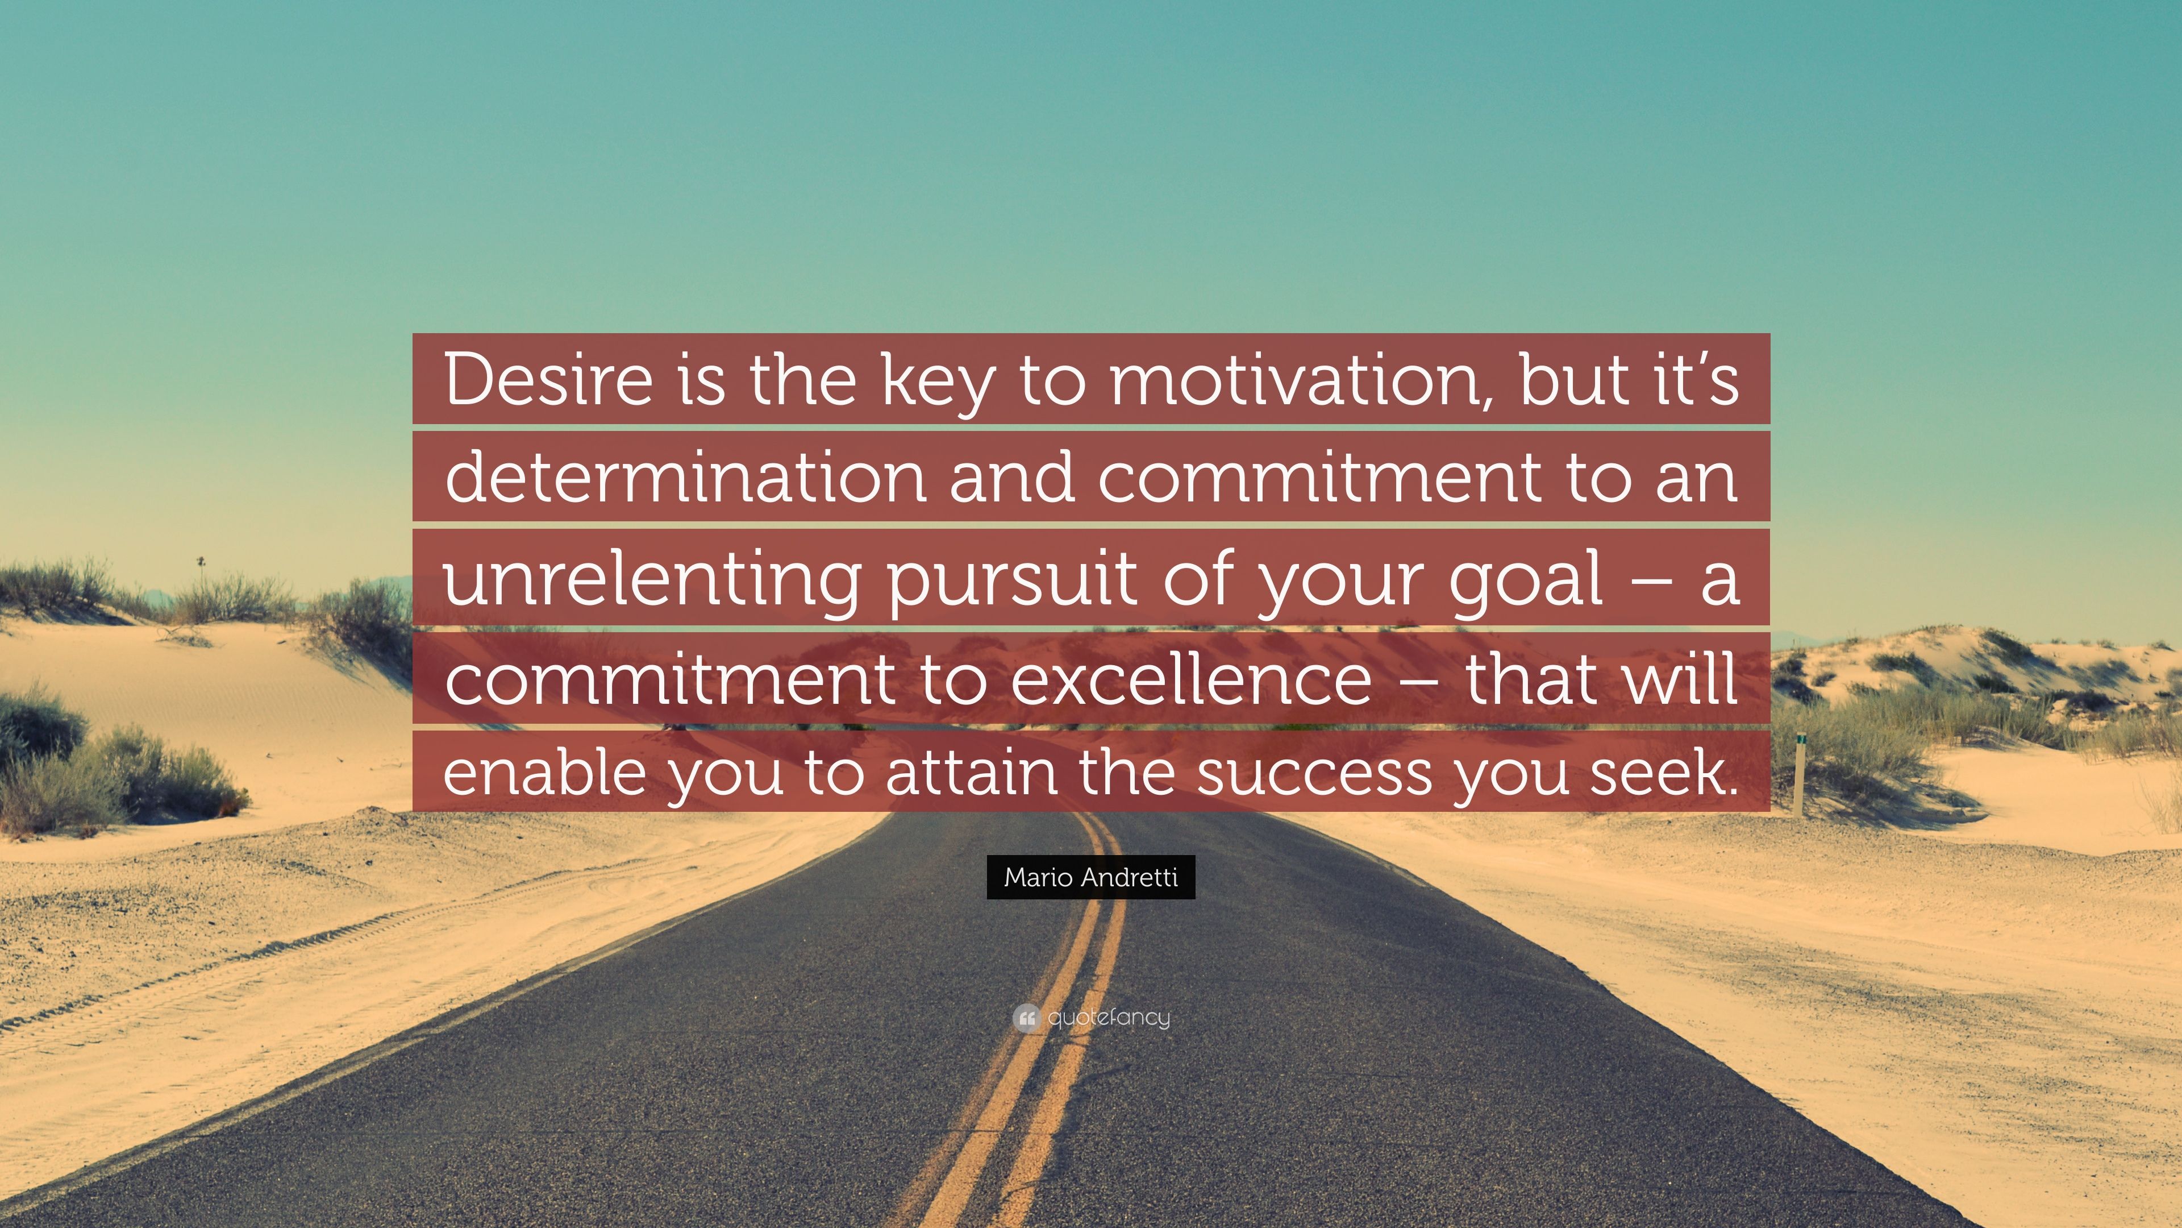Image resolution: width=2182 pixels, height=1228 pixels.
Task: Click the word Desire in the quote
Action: pos(547,380)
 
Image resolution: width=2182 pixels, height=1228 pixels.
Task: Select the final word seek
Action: pos(1663,773)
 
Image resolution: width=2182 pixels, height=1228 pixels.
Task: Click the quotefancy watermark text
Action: pos(1108,1017)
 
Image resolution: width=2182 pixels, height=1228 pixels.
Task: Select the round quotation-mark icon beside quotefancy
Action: pos(1026,1018)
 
